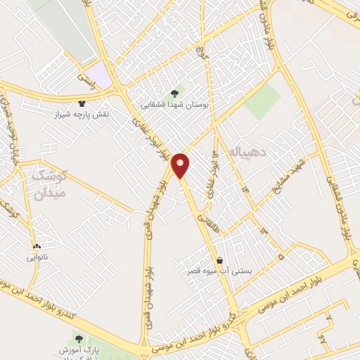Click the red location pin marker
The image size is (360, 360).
point(181,164)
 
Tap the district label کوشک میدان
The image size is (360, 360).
point(48,184)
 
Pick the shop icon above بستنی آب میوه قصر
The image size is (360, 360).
point(220,259)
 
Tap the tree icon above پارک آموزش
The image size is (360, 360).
point(79,338)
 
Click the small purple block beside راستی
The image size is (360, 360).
point(103,76)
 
